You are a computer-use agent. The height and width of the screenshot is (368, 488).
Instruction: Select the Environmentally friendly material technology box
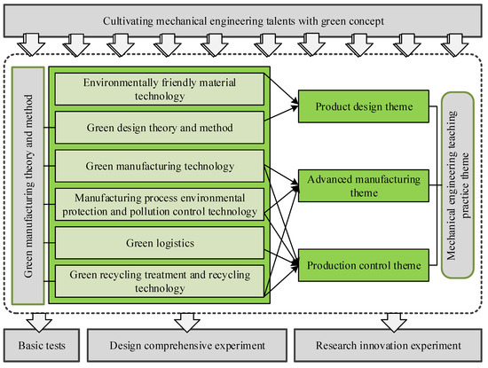[x=160, y=89]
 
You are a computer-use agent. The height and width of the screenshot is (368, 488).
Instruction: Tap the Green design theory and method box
[x=160, y=127]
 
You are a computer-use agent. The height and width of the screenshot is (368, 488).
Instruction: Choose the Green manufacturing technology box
[x=160, y=165]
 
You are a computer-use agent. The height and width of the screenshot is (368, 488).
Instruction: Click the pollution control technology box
[x=160, y=203]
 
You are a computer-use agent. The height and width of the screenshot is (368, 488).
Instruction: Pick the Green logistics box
[x=160, y=241]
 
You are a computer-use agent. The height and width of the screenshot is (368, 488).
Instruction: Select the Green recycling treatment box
[x=160, y=279]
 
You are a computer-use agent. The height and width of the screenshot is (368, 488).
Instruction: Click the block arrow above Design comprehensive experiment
[x=185, y=319]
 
